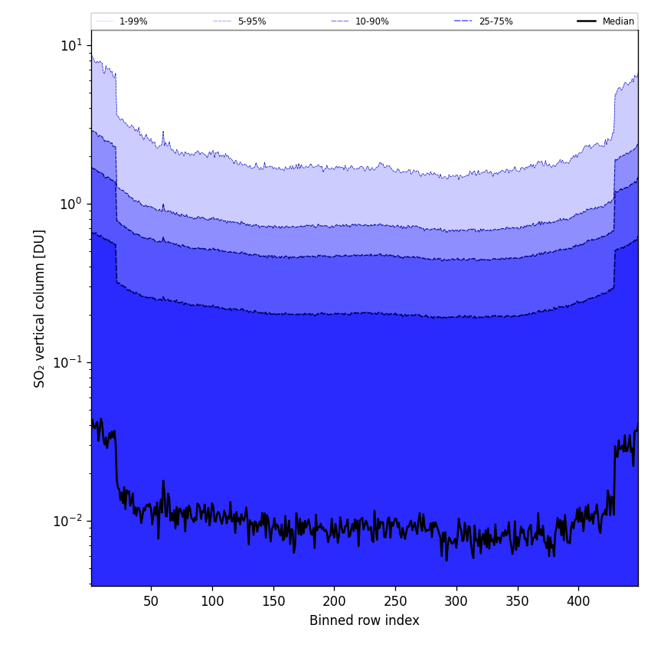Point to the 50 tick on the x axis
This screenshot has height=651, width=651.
click(x=152, y=602)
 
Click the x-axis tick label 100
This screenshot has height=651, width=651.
click(x=212, y=602)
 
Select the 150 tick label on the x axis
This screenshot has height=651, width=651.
click(x=273, y=602)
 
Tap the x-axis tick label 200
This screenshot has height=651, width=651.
click(x=334, y=602)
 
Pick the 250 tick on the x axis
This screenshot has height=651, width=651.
click(x=395, y=602)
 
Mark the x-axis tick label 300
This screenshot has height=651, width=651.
click(x=456, y=602)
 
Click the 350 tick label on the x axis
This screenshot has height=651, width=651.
click(x=518, y=602)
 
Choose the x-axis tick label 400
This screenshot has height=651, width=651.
click(x=578, y=602)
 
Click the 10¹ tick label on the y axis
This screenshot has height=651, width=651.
click(x=71, y=44)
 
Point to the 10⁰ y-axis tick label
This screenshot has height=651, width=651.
click(x=71, y=203)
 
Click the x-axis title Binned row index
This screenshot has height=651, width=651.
click(x=365, y=621)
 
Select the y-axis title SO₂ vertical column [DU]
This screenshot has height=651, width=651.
click(x=40, y=308)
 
